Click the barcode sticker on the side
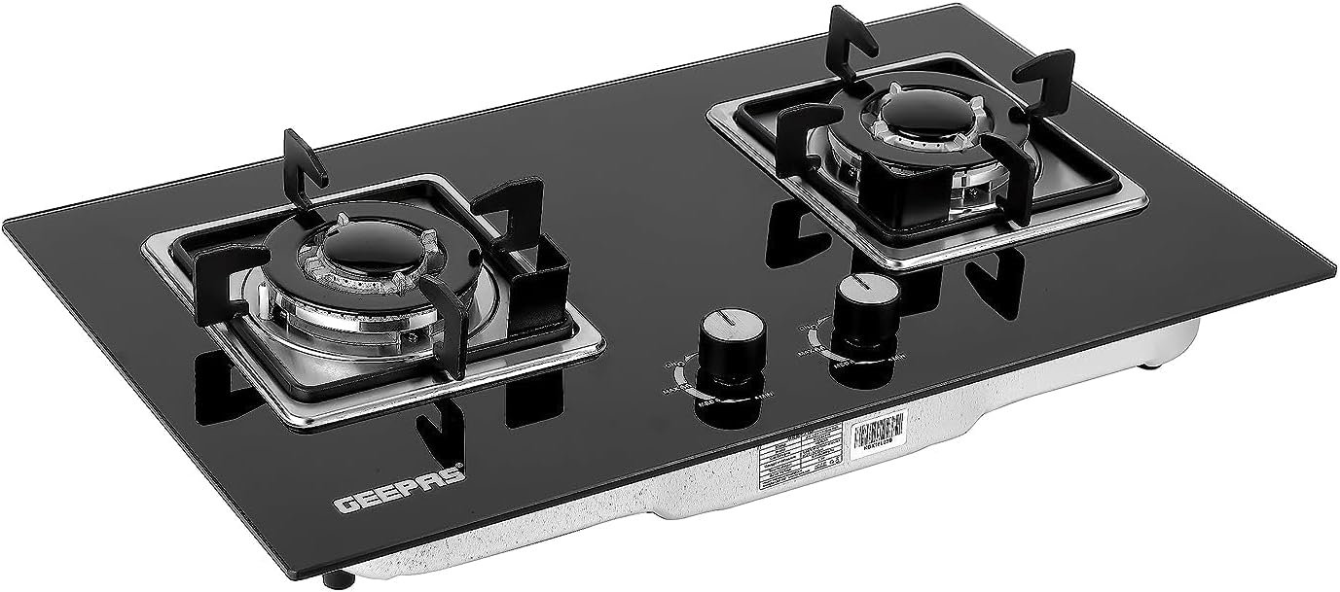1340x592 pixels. (878, 436)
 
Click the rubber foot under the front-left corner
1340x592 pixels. (337, 580)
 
